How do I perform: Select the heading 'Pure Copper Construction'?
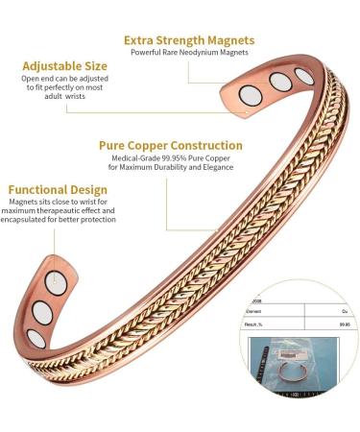170,145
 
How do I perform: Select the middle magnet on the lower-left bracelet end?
42,315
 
